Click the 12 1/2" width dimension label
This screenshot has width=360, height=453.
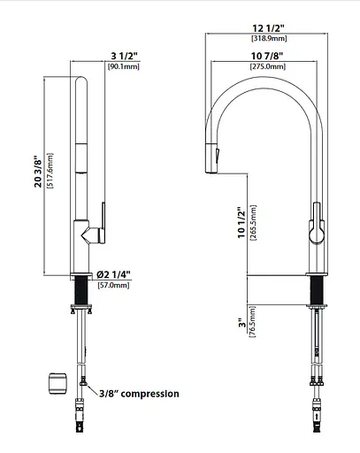coord(268,28)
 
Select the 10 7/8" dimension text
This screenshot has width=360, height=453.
coord(267,56)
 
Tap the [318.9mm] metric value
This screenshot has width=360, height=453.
coord(269,38)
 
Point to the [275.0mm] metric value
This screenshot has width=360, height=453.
coord(268,66)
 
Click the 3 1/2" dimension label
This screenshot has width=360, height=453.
coord(124,56)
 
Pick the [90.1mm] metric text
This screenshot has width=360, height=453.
coord(124,66)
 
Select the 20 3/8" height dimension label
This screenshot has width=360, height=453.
coord(38,172)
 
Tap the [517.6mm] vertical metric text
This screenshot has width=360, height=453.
coord(50,171)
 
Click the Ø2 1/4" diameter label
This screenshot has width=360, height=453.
coord(113,275)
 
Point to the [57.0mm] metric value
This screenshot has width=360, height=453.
coord(113,285)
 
